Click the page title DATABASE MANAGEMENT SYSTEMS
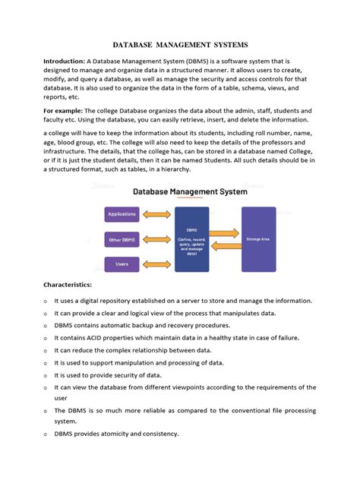point(180,45)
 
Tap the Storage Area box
point(258,239)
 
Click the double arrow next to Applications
point(157,214)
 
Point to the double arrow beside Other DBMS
point(157,239)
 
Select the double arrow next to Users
point(157,264)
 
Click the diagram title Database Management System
point(190,192)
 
